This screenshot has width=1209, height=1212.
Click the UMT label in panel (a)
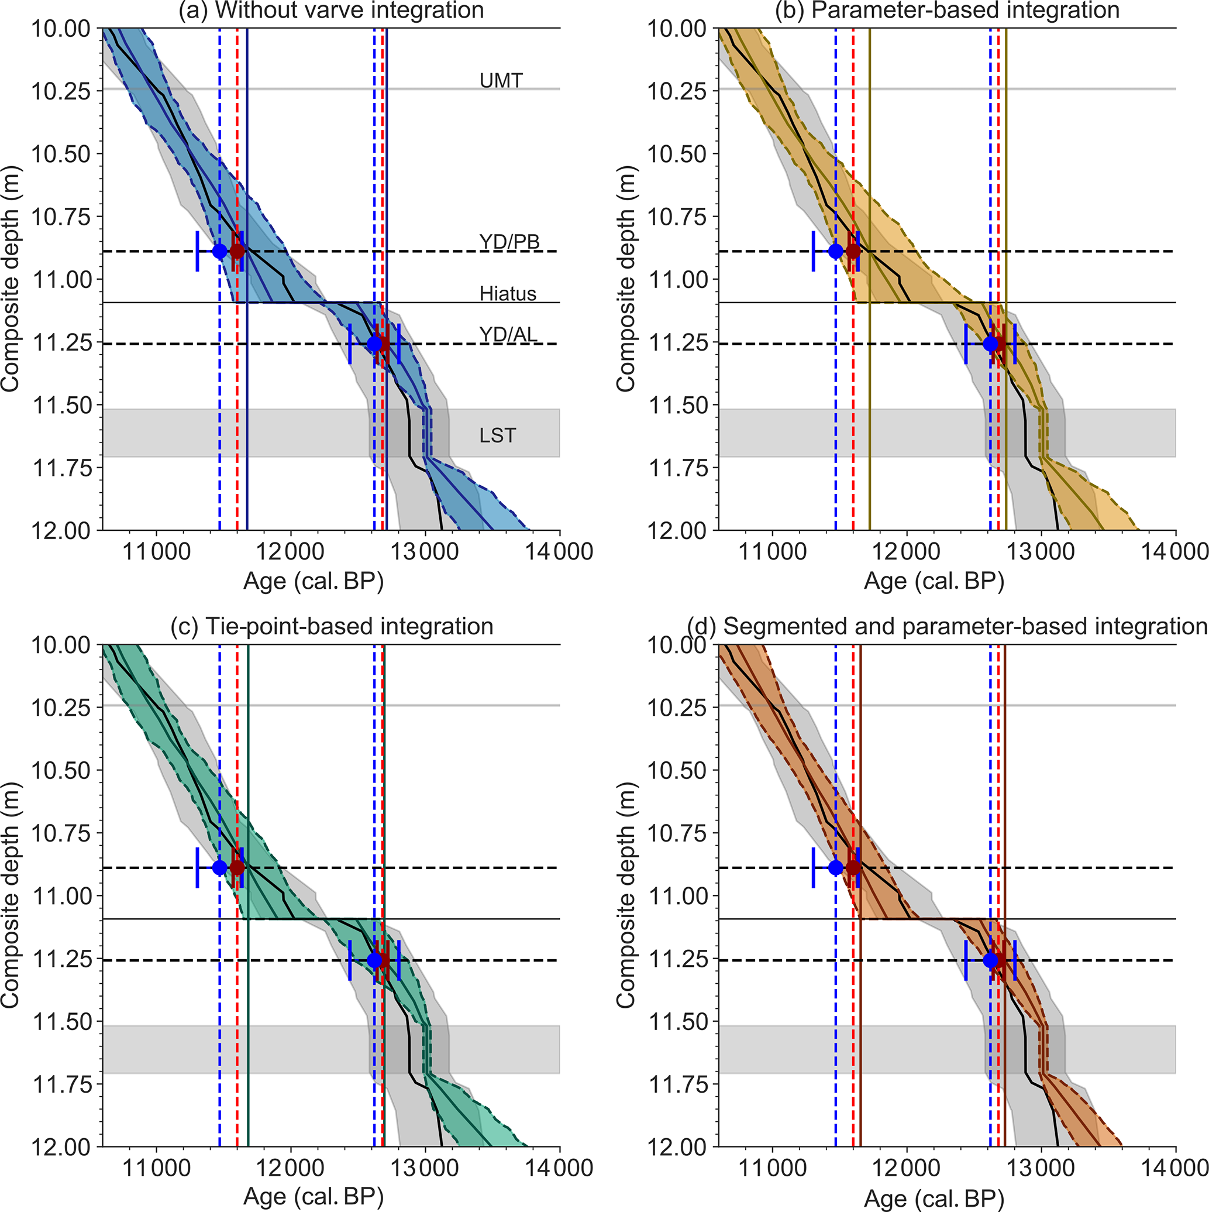[x=501, y=80]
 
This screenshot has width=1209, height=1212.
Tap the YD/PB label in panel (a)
[x=509, y=242]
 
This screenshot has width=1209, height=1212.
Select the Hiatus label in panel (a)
[x=508, y=294]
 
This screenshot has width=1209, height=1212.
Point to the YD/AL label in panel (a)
[x=508, y=334]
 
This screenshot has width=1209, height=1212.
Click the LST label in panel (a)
[x=497, y=435]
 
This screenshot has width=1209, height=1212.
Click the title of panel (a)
[x=331, y=11]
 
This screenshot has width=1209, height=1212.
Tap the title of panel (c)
[x=332, y=627]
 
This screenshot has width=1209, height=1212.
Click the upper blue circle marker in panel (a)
[x=219, y=251]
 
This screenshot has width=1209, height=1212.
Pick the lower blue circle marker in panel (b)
[x=990, y=344]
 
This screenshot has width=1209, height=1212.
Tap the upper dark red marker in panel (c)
[x=237, y=868]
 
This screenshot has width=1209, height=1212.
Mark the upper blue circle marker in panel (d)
[x=835, y=868]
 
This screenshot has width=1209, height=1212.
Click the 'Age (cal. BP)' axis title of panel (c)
[x=313, y=1197]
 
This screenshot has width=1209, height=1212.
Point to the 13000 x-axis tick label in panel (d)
[x=1042, y=1168]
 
